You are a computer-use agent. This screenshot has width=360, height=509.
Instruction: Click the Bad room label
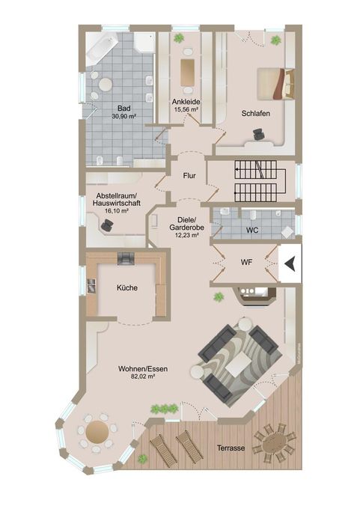pos(123,108)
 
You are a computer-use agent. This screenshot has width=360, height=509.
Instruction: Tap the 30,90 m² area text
pos(123,117)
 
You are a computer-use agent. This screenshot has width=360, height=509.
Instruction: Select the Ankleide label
pos(186,101)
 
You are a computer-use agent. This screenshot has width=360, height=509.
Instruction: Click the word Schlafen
pos(255,113)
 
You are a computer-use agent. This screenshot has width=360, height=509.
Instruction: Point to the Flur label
pos(189,176)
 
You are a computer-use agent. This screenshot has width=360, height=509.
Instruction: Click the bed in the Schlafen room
pos(274,83)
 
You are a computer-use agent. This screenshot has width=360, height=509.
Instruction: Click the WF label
pos(246,263)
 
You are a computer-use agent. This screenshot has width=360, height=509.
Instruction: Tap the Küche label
pos(126,287)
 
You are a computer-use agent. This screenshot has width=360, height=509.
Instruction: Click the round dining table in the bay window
pos(98,431)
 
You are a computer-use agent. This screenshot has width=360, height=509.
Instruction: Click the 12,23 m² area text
pos(184,235)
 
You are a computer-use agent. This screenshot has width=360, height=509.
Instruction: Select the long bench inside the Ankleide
pos(187,72)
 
